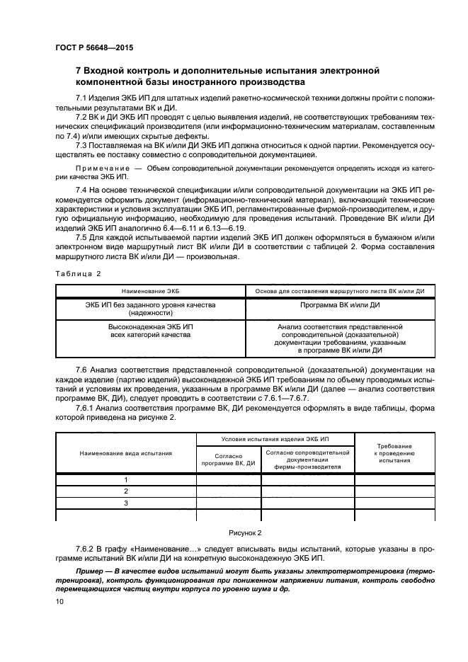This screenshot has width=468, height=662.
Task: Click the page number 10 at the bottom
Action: (x=59, y=601)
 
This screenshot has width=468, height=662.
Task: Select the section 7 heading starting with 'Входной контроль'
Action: (x=227, y=76)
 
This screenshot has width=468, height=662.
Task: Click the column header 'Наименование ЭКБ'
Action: (x=151, y=291)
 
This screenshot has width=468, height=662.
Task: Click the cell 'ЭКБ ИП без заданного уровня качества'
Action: (x=151, y=309)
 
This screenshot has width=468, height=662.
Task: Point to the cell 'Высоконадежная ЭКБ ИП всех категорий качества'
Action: (x=151, y=331)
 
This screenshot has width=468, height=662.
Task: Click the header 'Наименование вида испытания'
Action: (x=126, y=452)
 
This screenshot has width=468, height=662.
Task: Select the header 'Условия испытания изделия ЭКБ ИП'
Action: (x=275, y=440)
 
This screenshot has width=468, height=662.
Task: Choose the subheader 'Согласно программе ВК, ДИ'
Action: (x=229, y=460)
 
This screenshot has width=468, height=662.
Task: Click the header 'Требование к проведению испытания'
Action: (x=394, y=452)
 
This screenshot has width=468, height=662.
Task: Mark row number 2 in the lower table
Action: (x=126, y=491)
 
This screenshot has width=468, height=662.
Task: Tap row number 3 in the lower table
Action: (x=126, y=503)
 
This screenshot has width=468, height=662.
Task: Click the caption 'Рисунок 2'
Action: (x=244, y=532)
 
